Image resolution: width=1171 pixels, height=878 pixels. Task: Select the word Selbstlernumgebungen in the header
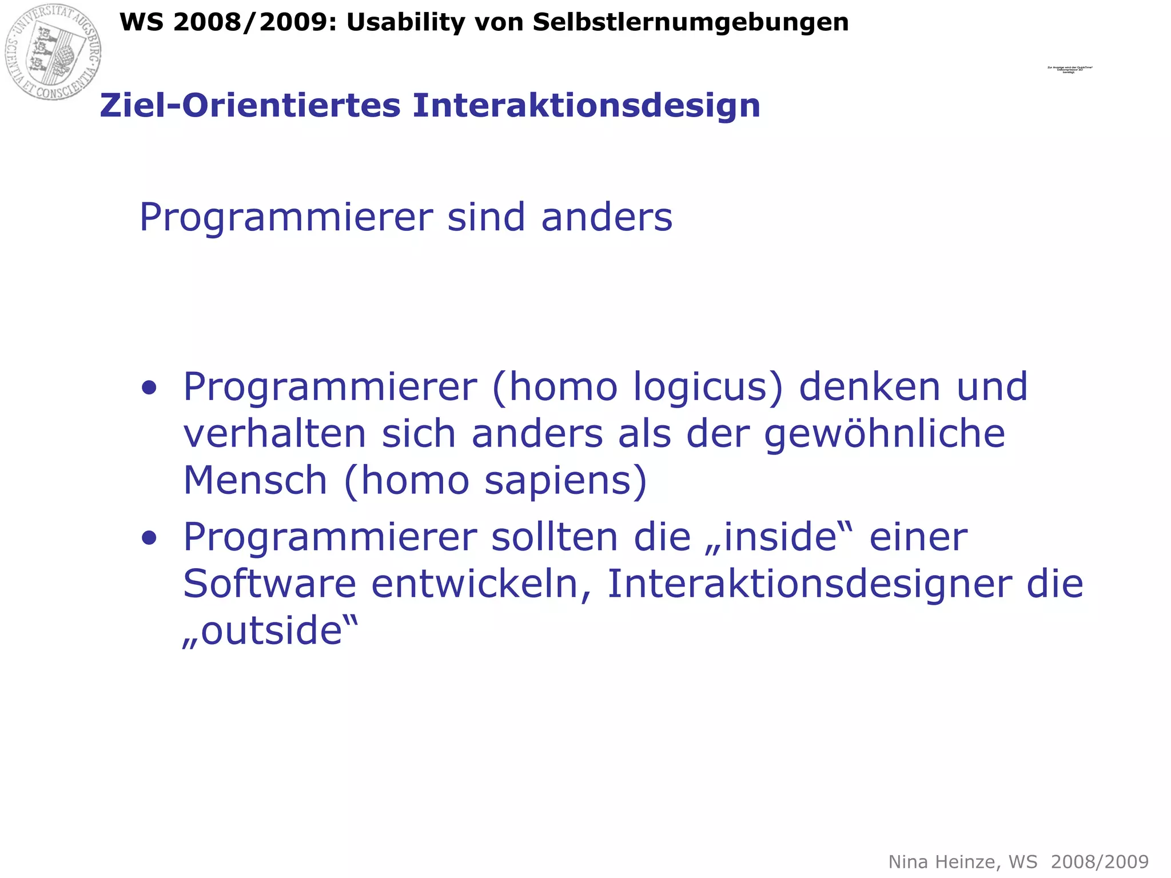tap(691, 23)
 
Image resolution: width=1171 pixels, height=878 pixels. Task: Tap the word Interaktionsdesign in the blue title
tap(587, 106)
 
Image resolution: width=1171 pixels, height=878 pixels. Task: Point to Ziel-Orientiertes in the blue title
tap(250, 106)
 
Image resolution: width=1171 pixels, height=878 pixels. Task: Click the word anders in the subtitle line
tap(607, 218)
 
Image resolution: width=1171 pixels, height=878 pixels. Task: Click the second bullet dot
tap(149, 538)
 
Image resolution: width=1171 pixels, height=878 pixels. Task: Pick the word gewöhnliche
tap(885, 434)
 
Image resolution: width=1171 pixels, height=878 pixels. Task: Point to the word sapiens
tap(558, 481)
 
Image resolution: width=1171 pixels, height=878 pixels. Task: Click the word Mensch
tap(255, 481)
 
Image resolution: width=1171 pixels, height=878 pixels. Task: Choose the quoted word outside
tap(270, 631)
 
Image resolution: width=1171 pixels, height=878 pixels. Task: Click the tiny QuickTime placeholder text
tap(1070, 70)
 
